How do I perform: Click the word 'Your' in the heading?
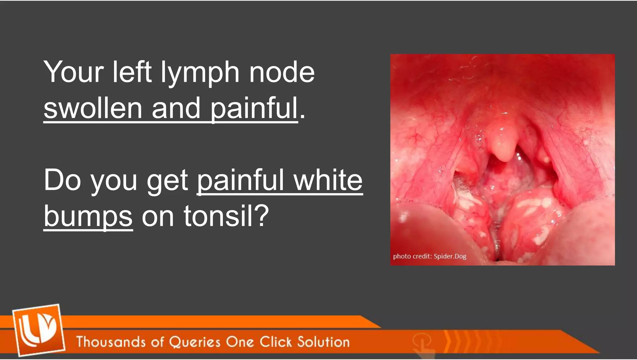(73, 72)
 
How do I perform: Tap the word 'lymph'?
(200, 72)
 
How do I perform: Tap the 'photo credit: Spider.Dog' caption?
(430, 256)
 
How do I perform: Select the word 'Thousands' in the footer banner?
(111, 342)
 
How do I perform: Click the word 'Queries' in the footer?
(194, 342)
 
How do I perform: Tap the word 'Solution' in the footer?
(323, 342)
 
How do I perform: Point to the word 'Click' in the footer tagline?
(276, 342)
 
